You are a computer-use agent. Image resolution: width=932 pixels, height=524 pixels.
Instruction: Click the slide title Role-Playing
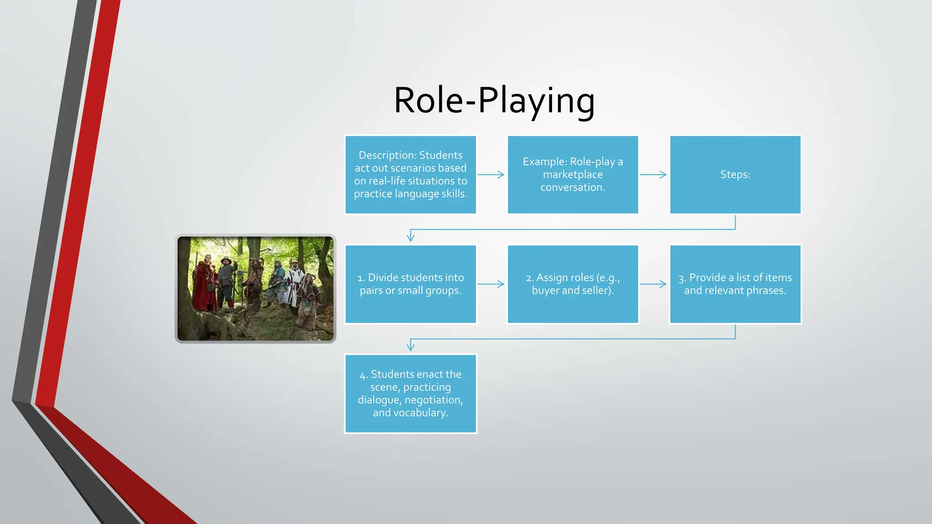(x=494, y=101)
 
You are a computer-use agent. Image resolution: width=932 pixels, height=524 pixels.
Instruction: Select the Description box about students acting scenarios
(x=410, y=175)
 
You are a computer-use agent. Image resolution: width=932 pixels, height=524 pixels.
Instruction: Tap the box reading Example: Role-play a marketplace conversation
(x=572, y=175)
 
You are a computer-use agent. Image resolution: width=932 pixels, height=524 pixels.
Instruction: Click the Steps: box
(x=735, y=175)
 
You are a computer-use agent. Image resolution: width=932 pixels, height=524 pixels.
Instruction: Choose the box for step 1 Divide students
(x=410, y=284)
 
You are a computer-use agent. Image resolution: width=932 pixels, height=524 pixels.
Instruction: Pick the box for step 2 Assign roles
(x=572, y=284)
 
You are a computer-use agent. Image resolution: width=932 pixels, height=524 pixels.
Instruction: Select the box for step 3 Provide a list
(x=735, y=284)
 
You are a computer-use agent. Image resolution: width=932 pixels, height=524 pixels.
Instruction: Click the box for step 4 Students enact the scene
(x=410, y=393)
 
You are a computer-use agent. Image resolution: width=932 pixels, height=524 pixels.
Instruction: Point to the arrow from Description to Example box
(x=491, y=175)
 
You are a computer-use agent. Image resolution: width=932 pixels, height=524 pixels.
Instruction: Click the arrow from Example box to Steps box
(x=653, y=175)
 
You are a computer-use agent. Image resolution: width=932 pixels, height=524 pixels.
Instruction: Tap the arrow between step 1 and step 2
(x=491, y=284)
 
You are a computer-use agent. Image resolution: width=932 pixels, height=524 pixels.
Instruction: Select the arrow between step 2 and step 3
(x=653, y=284)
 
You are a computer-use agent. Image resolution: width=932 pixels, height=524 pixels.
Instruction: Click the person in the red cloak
(x=203, y=284)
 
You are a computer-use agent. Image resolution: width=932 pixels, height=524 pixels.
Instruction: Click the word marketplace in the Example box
(x=572, y=175)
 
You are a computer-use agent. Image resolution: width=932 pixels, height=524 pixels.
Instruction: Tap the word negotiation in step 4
(x=433, y=400)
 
